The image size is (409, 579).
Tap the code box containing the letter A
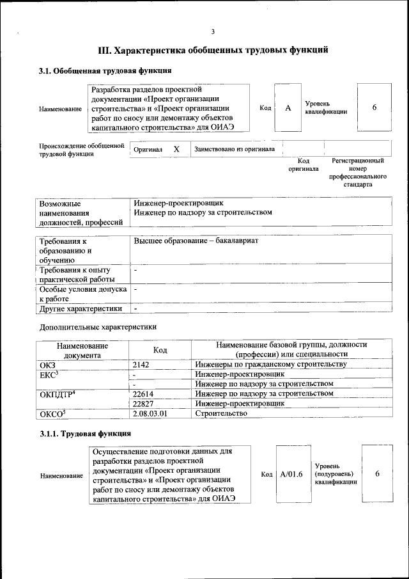(288, 108)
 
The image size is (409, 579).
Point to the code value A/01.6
(291, 474)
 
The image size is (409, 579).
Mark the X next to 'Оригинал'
(176, 149)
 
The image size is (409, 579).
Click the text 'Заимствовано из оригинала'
(235, 149)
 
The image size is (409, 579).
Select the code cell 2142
(141, 364)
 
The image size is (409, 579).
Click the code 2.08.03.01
(150, 414)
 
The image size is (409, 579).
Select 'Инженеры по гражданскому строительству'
(271, 364)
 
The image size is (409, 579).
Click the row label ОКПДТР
(58, 394)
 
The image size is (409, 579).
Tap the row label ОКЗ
(48, 364)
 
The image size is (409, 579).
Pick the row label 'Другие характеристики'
(81, 308)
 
